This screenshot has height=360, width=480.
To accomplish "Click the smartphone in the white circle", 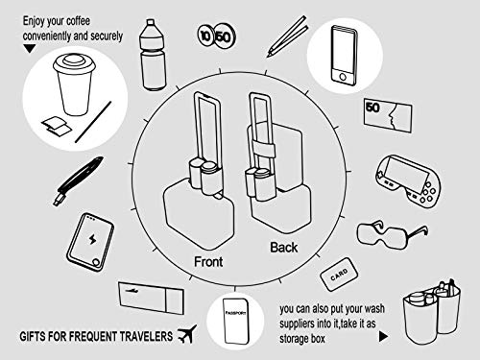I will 340,57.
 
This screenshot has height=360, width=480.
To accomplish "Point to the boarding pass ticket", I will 148,296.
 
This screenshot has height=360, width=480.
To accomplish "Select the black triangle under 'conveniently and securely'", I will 30,46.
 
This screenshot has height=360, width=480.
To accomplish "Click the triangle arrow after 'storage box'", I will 384,338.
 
